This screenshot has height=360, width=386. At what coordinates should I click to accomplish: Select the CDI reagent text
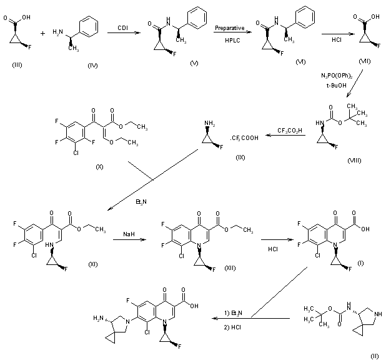click(123, 27)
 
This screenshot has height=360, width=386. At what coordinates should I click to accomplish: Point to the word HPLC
click(229, 39)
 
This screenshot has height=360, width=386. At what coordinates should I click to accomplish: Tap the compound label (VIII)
click(355, 161)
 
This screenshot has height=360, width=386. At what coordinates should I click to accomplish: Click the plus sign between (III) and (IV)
click(52, 33)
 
